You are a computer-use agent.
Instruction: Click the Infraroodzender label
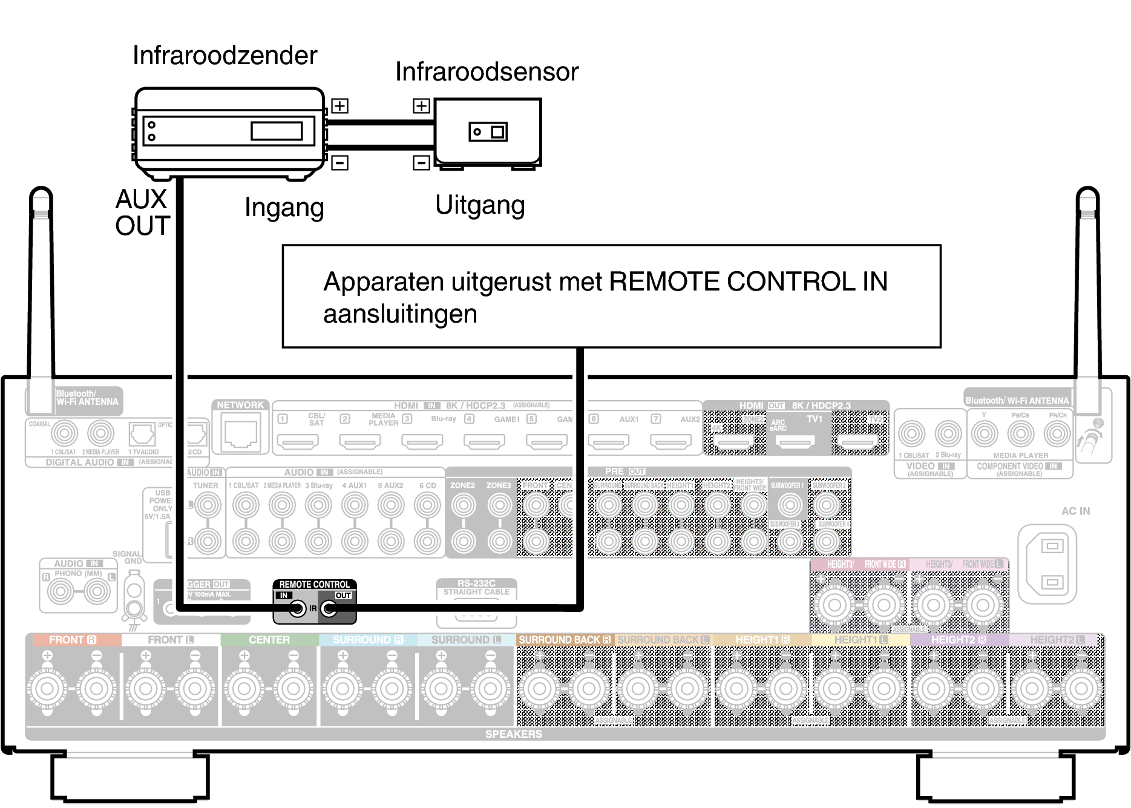(225, 56)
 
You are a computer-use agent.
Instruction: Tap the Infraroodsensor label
(487, 72)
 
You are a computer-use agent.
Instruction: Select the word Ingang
(284, 208)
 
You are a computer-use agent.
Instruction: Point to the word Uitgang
(480, 205)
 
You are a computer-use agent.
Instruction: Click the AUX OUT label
(142, 212)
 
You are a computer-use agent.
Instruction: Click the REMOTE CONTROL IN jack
(297, 608)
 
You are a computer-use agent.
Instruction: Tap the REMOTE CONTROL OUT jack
(329, 608)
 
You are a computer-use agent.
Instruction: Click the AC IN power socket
(1051, 564)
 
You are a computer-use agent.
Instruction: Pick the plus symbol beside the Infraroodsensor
(421, 106)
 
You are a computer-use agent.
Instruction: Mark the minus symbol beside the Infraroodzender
(339, 163)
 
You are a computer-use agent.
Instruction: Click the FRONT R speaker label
(73, 640)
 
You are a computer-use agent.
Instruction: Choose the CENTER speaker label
(269, 640)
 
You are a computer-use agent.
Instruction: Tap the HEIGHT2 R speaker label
(959, 640)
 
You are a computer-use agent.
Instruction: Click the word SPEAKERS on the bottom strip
(513, 734)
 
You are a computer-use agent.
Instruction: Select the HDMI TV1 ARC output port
(795, 442)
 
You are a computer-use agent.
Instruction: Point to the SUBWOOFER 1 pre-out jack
(789, 504)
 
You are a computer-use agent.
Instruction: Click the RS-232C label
(476, 583)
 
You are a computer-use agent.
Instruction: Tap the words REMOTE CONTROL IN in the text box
(748, 281)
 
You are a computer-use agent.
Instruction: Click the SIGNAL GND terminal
(134, 599)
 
